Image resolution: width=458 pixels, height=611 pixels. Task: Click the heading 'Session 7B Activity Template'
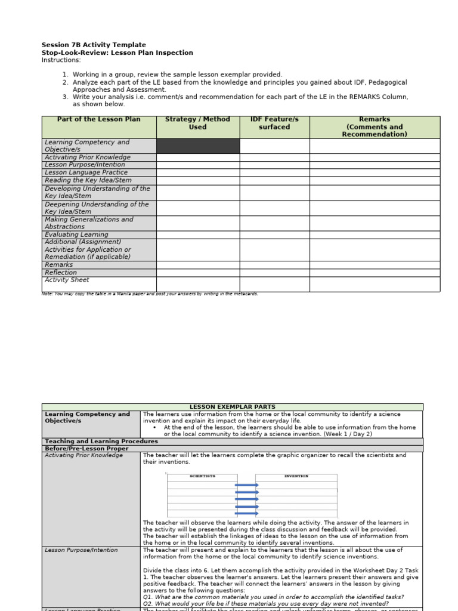tap(94, 45)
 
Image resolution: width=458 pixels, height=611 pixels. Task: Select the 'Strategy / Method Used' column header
tap(197, 123)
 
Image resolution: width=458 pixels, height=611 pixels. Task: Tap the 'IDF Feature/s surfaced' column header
tap(274, 123)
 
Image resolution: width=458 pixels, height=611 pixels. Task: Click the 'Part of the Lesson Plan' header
tap(99, 119)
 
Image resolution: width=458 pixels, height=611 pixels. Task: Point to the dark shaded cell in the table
tap(198, 146)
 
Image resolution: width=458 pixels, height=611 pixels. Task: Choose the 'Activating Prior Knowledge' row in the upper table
tap(87, 158)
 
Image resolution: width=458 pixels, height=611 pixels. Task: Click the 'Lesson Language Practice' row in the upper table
tap(86, 172)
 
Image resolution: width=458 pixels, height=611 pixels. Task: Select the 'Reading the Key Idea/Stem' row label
tap(88, 180)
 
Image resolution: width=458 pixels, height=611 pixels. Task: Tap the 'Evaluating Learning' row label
tap(76, 235)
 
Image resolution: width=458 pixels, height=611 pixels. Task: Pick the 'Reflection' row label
tap(61, 273)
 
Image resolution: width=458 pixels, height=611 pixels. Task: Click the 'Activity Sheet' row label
tap(67, 280)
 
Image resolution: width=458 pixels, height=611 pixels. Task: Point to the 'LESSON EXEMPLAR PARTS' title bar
tap(233, 407)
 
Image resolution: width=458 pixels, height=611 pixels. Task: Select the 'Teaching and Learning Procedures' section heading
tap(101, 442)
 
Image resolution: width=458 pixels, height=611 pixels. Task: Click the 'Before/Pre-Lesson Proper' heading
tap(87, 448)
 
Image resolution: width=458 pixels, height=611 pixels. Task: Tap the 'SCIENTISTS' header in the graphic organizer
tap(202, 477)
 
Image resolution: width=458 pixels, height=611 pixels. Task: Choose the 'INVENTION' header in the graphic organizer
tap(296, 477)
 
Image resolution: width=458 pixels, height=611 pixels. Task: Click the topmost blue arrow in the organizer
tap(246, 485)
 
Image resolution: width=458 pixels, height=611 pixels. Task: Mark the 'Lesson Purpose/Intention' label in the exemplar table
tap(81, 550)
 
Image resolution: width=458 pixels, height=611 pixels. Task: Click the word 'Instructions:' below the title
tap(61, 60)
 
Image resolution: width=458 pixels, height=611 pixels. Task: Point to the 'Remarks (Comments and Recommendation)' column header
tap(375, 126)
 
